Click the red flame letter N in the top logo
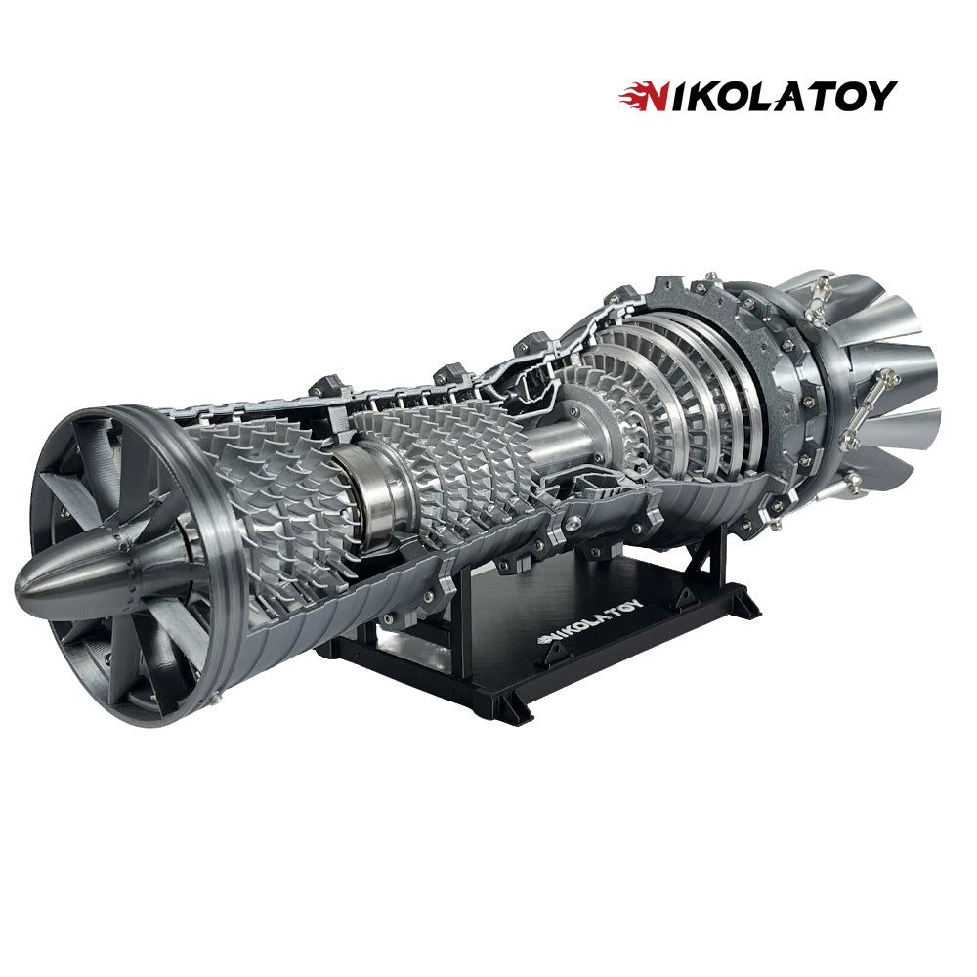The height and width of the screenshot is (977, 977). point(640,96)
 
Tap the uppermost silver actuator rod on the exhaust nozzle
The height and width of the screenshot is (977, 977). point(818,292)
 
